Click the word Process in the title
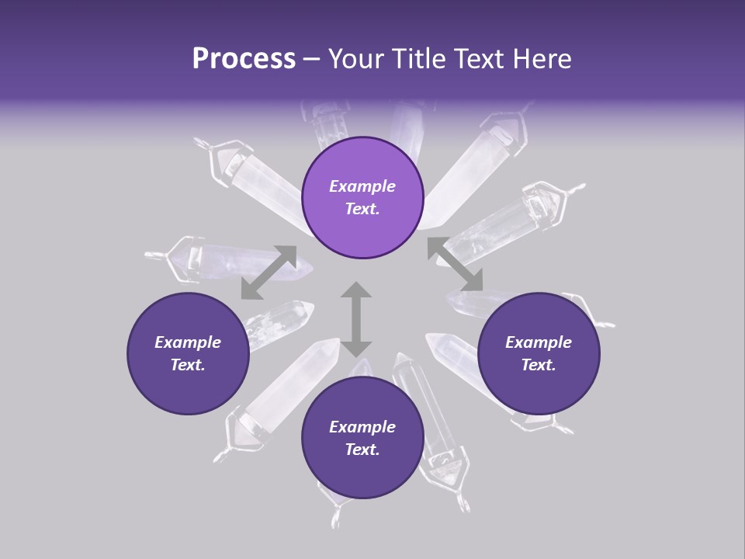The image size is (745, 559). click(244, 59)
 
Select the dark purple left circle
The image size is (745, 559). click(188, 353)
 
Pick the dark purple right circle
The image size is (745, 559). click(539, 353)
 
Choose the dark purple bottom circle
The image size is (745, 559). click(362, 437)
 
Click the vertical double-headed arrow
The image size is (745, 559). click(357, 318)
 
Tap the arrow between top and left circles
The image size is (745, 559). click(269, 273)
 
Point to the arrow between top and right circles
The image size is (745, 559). click(456, 264)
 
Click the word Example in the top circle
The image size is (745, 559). click(362, 186)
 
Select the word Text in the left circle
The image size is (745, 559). click(188, 365)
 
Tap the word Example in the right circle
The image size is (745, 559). click(539, 342)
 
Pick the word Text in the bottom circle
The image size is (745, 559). click(362, 450)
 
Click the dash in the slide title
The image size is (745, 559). click(311, 59)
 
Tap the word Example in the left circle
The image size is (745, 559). click(188, 342)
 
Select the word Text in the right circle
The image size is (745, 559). click(539, 365)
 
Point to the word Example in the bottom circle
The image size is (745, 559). click(362, 427)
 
